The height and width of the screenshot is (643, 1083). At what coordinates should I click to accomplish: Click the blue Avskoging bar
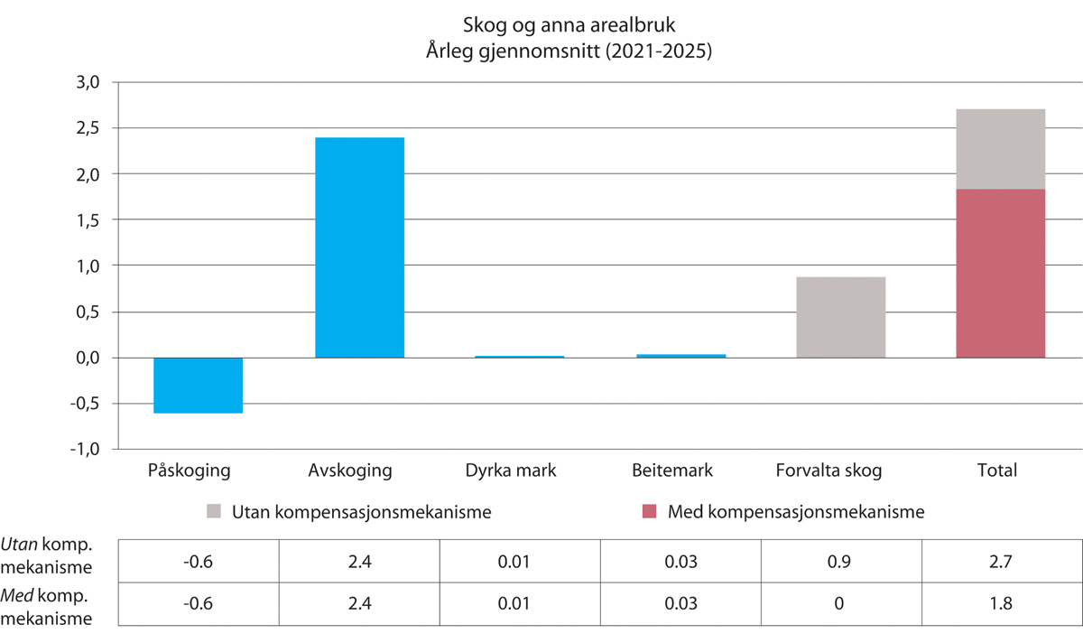click(x=359, y=247)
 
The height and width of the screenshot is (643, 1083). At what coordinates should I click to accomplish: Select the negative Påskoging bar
click(x=198, y=386)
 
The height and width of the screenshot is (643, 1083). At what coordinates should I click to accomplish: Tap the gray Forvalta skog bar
click(x=841, y=317)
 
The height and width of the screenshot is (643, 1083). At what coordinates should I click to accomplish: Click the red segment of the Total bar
click(x=1000, y=274)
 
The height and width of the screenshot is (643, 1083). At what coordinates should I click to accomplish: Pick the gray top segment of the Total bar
click(x=1000, y=149)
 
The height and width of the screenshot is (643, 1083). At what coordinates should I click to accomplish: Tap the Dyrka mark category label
click(x=511, y=471)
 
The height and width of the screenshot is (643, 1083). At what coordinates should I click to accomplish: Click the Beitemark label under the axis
click(x=671, y=471)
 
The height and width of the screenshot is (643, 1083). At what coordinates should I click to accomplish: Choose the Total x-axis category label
click(x=996, y=471)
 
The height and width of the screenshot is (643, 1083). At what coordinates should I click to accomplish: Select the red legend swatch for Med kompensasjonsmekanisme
click(x=651, y=512)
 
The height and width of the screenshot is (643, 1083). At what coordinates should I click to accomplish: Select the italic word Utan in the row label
click(x=20, y=548)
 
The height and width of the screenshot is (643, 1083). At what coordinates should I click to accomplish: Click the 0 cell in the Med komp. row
click(x=841, y=602)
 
